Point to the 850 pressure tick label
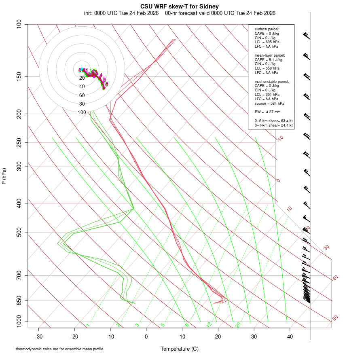(x=19, y=301)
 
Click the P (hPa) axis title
(x=4, y=176)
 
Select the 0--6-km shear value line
(x=273, y=121)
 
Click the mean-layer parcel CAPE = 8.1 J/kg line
(x=268, y=59)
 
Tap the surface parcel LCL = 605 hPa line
(x=267, y=42)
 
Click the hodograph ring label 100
(x=82, y=112)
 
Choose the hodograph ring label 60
(x=82, y=95)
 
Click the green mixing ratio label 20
(x=238, y=325)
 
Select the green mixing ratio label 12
(x=209, y=325)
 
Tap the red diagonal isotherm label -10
(x=280, y=139)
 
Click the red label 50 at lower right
(x=335, y=318)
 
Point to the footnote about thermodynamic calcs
(x=62, y=349)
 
